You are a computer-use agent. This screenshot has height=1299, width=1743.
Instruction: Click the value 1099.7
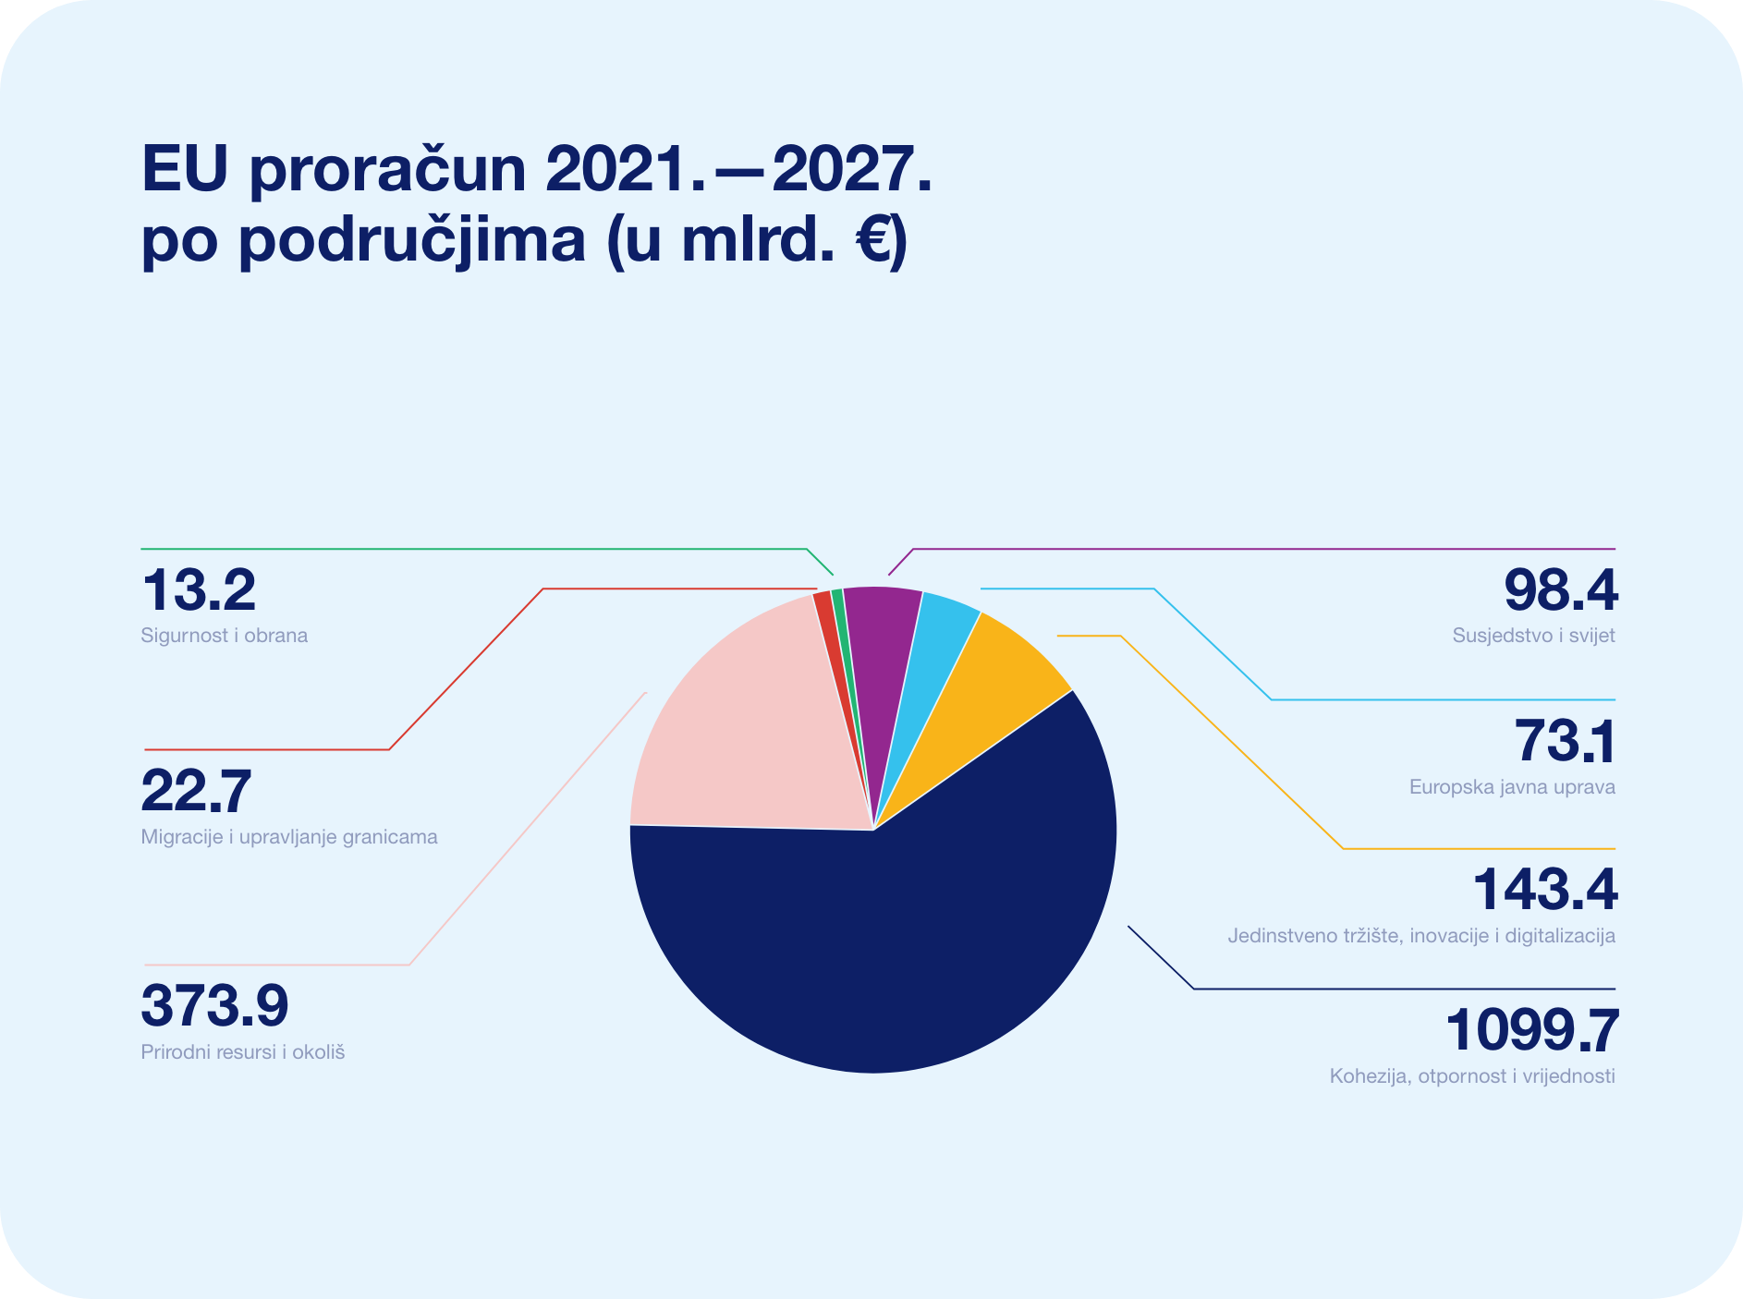1531,1030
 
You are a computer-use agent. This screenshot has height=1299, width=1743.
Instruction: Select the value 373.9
214,1005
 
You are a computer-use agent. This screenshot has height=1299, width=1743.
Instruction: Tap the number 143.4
1544,890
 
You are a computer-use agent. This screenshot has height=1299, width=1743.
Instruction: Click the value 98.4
1561,589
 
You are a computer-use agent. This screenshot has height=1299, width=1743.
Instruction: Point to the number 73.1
1566,741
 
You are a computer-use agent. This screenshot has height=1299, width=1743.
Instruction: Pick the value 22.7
196,791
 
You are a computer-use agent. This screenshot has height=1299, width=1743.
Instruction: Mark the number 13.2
198,589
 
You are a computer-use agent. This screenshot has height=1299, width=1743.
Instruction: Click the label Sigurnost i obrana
225,636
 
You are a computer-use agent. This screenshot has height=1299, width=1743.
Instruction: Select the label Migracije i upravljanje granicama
289,837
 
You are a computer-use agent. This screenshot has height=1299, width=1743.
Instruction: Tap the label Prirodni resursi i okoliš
243,1052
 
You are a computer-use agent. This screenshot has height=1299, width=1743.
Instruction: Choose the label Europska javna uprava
1512,787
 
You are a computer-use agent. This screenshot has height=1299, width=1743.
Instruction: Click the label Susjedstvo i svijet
1534,636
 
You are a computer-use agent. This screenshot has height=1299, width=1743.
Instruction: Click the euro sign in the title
871,239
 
